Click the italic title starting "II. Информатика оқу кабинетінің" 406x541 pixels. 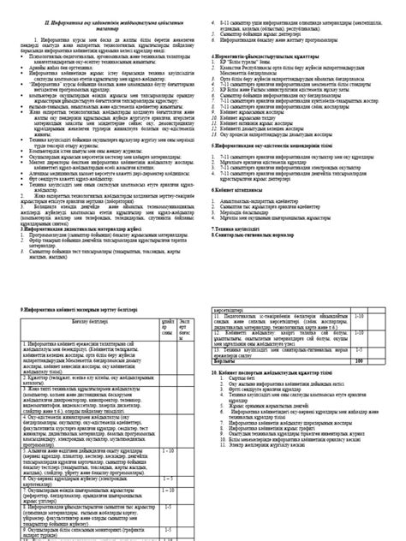(103, 8)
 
